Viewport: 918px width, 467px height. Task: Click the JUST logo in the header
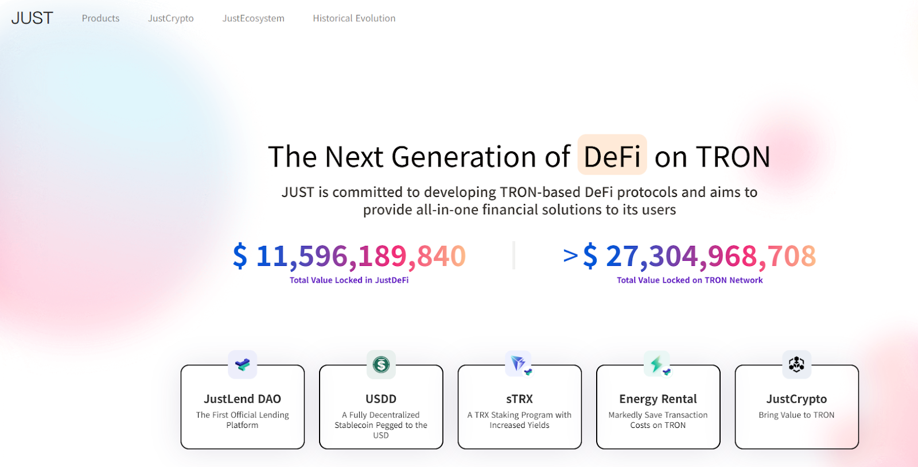[x=32, y=18]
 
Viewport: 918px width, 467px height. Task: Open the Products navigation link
[x=100, y=18]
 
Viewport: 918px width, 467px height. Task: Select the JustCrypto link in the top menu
[x=170, y=18]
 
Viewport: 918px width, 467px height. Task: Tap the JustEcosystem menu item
[x=253, y=18]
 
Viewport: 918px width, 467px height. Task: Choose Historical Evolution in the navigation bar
[x=354, y=18]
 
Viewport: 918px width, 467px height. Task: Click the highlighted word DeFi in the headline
[x=612, y=156]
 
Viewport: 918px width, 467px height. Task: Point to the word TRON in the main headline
[x=733, y=156]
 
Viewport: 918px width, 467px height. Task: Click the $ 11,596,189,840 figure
[x=349, y=256]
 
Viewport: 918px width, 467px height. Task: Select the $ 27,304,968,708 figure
[x=699, y=256]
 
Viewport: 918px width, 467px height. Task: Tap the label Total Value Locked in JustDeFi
[x=349, y=280]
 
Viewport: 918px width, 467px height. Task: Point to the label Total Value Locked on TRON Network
[x=690, y=280]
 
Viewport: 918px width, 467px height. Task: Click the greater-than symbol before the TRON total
[x=570, y=255]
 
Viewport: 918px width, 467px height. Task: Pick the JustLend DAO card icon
[x=243, y=364]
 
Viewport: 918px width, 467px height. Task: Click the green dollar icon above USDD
[x=381, y=364]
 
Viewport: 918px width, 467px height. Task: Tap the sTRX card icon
[x=519, y=364]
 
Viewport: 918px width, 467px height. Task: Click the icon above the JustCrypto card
[x=797, y=364]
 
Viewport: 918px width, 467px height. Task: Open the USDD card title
[x=381, y=399]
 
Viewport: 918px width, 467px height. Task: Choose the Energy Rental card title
[x=658, y=399]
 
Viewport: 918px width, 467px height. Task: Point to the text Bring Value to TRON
[x=797, y=415]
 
